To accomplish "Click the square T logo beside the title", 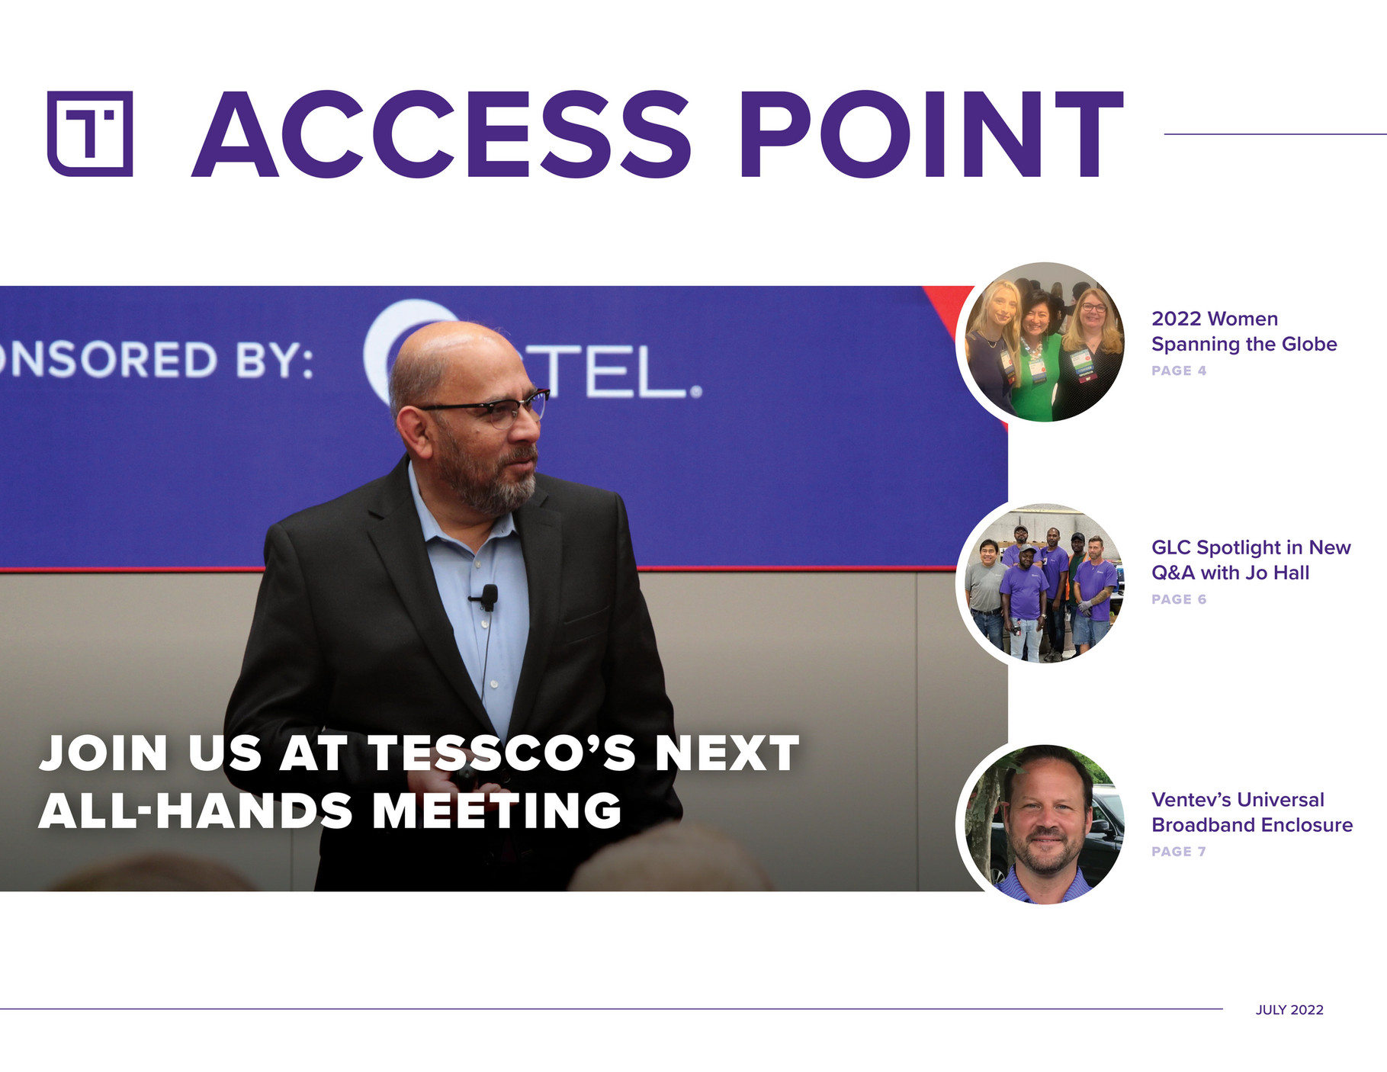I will coord(90,134).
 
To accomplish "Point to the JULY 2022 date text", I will coord(1289,1009).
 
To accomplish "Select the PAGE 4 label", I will coord(1179,371).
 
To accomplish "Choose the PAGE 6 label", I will coord(1179,599).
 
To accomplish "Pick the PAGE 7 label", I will coord(1179,852).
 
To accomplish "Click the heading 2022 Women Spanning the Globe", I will coord(1244,331).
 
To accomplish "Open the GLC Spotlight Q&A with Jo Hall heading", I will coord(1251,560).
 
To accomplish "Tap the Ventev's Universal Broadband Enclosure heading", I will coord(1251,812).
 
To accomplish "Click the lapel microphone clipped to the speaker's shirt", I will coord(488,596).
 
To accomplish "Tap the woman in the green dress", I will coord(1036,358).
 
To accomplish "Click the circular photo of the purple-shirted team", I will coord(1042,583).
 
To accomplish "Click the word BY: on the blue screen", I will coord(275,360).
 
